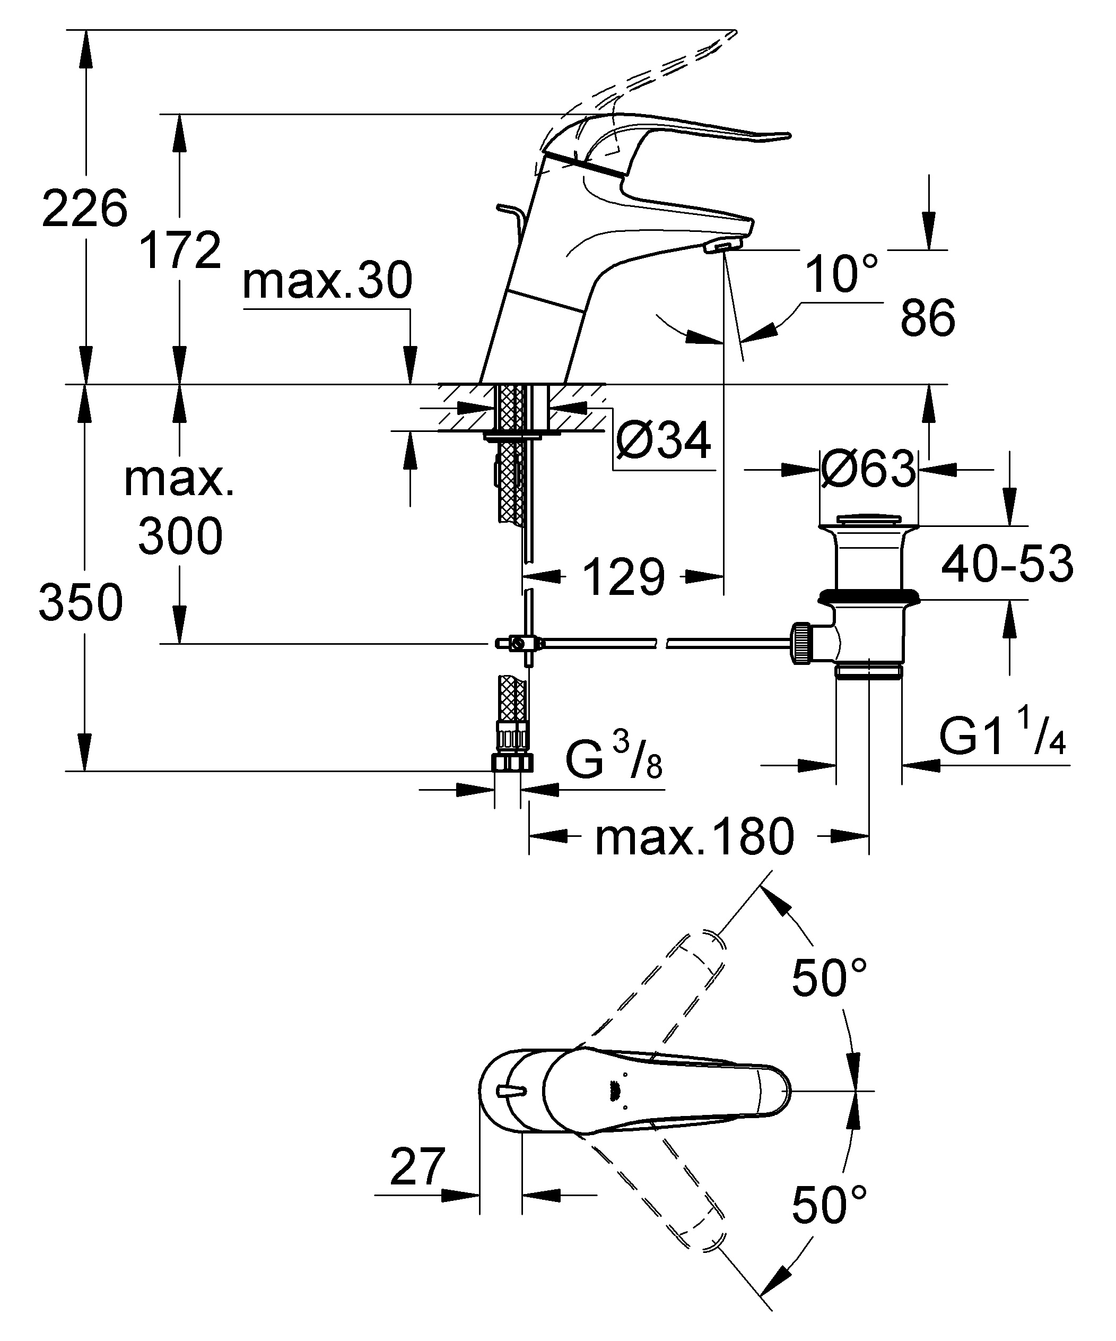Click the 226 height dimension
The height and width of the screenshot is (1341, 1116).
[85, 209]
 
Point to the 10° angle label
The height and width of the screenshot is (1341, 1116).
[841, 273]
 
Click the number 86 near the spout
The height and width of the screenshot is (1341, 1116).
[928, 317]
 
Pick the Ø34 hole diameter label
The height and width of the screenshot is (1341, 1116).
[664, 440]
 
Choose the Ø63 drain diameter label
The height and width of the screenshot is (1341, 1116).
[868, 469]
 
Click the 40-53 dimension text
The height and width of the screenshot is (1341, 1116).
[1007, 564]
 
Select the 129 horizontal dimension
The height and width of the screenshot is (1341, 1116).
[624, 577]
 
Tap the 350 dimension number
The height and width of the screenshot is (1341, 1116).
[81, 602]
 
